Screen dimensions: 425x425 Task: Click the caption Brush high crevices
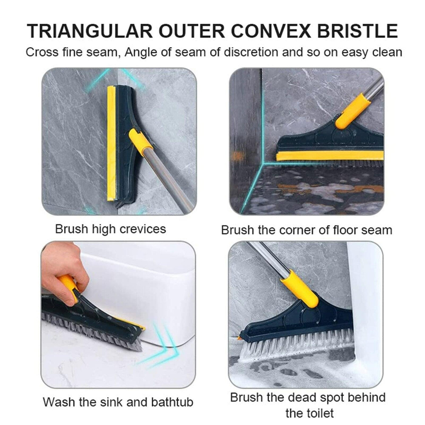click(110, 229)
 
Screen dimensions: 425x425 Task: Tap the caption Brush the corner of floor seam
click(307, 230)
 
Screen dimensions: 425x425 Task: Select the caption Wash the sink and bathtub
click(118, 402)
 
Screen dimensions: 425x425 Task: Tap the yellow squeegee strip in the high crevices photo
click(111, 143)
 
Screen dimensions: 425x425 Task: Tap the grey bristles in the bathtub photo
click(97, 331)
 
